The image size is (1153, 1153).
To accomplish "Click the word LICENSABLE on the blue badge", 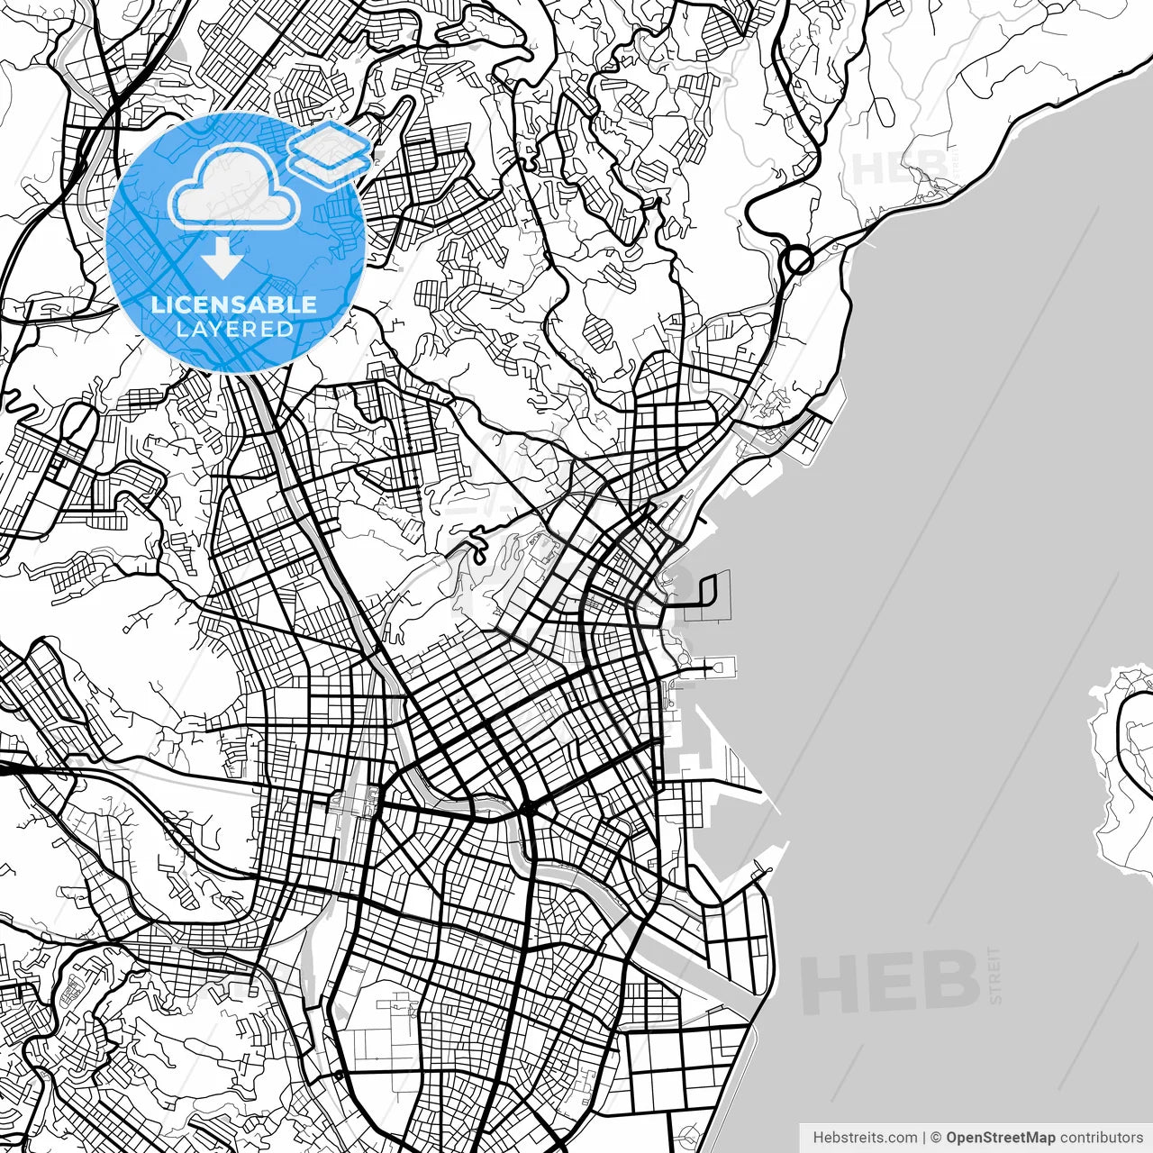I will click(234, 304).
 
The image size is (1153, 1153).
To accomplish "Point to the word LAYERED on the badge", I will click(234, 329).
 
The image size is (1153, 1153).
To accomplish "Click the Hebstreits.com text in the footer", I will click(865, 1138).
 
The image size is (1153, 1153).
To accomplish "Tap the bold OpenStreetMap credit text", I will click(1001, 1138).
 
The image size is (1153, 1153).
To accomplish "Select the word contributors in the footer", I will click(1101, 1138).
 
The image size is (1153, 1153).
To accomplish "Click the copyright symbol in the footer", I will click(936, 1138).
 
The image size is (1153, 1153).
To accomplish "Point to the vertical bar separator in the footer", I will click(924, 1138).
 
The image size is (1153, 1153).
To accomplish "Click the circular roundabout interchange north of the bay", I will click(798, 261).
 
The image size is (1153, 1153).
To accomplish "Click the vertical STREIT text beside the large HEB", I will click(995, 975).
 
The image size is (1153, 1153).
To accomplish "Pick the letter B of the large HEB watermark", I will click(950, 982).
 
